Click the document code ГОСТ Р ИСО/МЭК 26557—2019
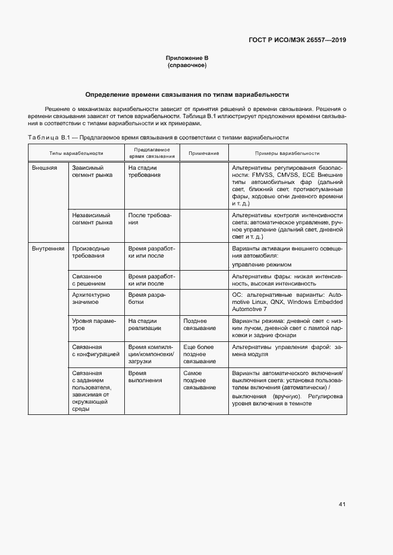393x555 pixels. coord(297,40)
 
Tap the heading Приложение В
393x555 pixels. coord(187,58)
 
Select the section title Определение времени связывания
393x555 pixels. coord(187,94)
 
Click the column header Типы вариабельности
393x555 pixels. coord(76,153)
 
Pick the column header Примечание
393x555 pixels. coord(204,153)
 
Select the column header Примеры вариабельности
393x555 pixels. coord(288,153)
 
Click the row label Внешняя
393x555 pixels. coord(44,168)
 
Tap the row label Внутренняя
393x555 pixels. coord(48,248)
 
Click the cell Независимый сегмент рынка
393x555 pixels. coord(92,219)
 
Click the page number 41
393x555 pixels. coord(342,505)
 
